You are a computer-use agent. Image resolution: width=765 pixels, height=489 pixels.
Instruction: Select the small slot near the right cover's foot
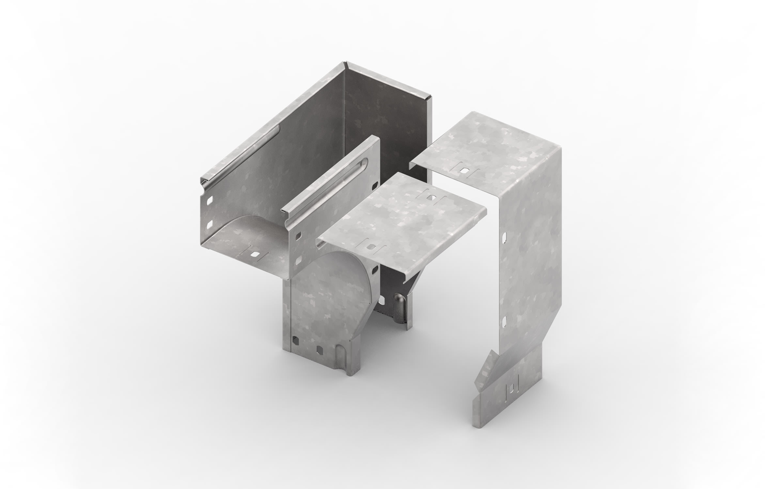coord(512,387)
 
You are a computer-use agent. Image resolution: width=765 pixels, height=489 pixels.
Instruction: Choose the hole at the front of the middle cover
coord(370,248)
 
